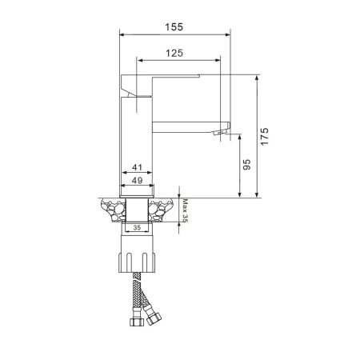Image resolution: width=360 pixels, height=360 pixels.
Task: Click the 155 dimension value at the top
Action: pos(174,26)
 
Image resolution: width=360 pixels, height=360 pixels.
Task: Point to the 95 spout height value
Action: pos(247,166)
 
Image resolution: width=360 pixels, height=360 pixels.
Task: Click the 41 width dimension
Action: pos(137,167)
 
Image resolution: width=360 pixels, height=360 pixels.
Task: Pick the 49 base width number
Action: pos(137,181)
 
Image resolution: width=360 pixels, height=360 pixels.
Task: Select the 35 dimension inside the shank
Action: pos(137,228)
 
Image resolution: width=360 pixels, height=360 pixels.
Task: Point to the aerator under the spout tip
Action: pos(220,133)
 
